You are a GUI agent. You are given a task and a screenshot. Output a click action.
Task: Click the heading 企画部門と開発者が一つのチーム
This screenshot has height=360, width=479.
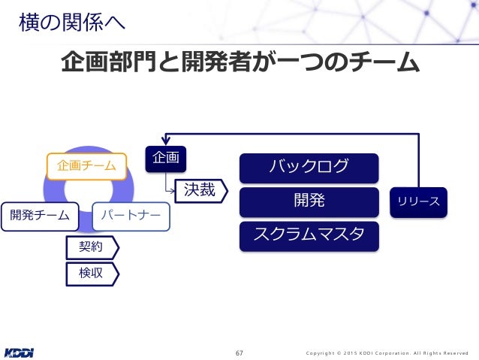[239, 62]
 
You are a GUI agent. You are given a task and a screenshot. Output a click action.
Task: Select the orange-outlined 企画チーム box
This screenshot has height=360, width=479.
[83, 165]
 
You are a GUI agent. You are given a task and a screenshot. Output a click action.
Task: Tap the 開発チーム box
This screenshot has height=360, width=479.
[40, 216]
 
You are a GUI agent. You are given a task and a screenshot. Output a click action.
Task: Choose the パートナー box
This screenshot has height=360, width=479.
[131, 216]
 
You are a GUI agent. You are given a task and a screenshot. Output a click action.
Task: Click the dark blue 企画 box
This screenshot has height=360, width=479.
[165, 158]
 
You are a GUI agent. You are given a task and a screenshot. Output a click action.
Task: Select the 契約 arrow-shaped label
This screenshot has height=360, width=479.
[92, 246]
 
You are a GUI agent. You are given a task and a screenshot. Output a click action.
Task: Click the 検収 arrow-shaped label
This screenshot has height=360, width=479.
[92, 273]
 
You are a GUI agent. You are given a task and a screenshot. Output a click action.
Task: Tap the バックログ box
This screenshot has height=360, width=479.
[309, 168]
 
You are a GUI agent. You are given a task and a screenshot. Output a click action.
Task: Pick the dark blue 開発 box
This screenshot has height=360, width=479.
[309, 201]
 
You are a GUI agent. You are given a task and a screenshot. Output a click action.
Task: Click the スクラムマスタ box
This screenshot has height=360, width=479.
[309, 235]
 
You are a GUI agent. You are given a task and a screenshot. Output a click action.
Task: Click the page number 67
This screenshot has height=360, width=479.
[239, 352]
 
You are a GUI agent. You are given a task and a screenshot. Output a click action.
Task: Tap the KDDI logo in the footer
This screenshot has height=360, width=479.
[20, 351]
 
